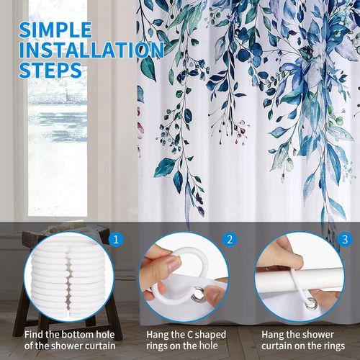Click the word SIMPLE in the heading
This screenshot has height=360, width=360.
tap(55, 30)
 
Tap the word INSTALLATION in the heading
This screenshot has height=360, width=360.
tap(91, 50)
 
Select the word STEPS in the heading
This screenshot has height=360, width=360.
tap(50, 70)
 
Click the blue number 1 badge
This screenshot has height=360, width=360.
tap(116, 240)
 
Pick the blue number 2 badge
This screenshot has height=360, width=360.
tap(230, 240)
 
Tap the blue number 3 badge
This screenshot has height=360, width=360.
tap(345, 240)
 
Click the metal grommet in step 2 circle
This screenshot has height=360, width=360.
tap(198, 293)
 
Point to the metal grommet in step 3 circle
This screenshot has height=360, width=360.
tap(311, 303)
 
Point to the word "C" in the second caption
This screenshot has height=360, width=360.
tap(189, 335)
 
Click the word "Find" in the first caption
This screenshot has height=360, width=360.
tap(34, 334)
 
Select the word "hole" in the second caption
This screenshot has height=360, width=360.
tap(208, 346)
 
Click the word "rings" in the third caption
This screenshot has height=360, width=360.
tap(333, 346)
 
